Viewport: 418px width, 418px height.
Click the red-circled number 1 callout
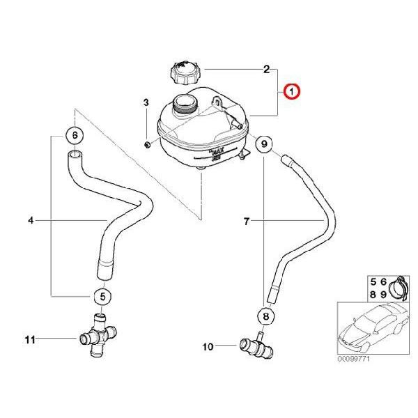click(291, 91)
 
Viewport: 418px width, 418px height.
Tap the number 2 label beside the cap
click(266, 70)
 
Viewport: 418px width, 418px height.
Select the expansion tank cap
click(185, 73)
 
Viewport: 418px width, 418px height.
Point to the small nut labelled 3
click(146, 145)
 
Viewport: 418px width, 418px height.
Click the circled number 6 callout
click(75, 135)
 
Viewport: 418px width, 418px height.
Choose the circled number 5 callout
click(102, 296)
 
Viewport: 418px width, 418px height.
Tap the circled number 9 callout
click(264, 144)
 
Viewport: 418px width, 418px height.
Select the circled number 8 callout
click(266, 316)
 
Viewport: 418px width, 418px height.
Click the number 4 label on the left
click(31, 220)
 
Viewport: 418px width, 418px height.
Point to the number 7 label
click(247, 221)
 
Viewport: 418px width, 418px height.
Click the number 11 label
click(30, 340)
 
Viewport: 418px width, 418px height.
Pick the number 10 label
click(208, 347)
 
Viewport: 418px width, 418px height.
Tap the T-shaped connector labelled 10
click(256, 346)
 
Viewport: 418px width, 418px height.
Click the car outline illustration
click(373, 329)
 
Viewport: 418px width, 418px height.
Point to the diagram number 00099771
click(354, 359)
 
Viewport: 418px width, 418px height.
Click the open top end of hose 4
click(75, 154)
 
